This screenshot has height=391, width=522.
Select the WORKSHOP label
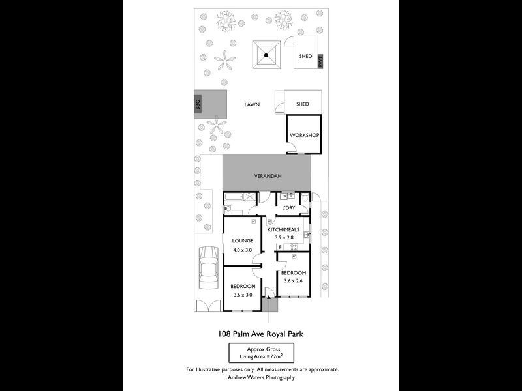tap(304, 135)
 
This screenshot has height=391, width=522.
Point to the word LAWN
tap(252, 104)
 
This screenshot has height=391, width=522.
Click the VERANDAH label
tap(267, 176)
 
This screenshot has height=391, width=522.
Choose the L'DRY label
tap(289, 208)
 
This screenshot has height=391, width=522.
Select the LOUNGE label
tap(242, 240)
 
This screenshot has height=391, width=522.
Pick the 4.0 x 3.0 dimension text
tap(242, 250)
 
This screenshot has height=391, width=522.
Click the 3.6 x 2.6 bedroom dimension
tap(293, 281)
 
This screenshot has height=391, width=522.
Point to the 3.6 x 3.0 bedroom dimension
tap(242, 295)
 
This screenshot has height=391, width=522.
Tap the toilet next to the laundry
tap(305, 197)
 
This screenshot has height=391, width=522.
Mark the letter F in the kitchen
tap(281, 247)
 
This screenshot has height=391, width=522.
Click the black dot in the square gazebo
tap(267, 56)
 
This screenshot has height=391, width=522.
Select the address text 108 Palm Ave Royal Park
tap(260, 334)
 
